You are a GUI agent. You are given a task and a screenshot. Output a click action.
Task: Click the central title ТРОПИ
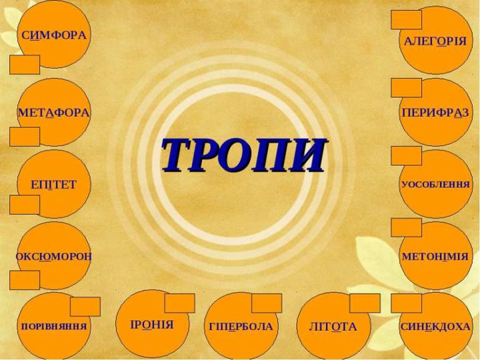click(244, 155)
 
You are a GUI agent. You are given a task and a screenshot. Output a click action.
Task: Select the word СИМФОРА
click(54, 35)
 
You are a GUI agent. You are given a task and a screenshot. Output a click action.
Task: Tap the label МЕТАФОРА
click(53, 113)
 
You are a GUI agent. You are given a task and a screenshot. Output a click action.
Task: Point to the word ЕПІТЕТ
click(53, 185)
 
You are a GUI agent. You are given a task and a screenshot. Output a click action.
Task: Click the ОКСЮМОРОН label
click(53, 257)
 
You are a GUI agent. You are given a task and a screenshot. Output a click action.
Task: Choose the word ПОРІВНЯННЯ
click(54, 326)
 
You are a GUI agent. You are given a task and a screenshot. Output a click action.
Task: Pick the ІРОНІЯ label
click(152, 325)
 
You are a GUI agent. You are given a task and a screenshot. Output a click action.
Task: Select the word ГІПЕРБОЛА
click(241, 327)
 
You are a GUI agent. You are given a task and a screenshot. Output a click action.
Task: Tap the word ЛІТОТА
click(333, 327)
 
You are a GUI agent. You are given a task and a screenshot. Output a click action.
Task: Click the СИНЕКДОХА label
click(435, 327)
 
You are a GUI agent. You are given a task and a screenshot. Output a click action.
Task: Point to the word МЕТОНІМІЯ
click(435, 257)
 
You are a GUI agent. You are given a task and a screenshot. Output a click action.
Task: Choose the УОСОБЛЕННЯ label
click(435, 185)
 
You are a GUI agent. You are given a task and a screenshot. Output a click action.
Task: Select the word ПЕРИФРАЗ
click(435, 113)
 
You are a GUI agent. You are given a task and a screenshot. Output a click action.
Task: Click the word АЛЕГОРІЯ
click(435, 41)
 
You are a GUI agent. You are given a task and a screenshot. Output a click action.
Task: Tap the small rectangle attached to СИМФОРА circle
click(25, 65)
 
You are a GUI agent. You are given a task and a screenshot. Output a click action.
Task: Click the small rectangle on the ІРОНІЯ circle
click(180, 303)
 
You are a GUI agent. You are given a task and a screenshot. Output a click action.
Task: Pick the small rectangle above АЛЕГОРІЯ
click(407, 20)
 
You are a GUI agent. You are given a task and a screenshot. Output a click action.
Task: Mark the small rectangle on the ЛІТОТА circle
click(365, 303)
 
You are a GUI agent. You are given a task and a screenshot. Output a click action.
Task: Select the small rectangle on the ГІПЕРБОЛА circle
click(267, 303)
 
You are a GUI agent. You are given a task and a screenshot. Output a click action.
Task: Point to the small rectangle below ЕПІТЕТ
click(25, 205)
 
